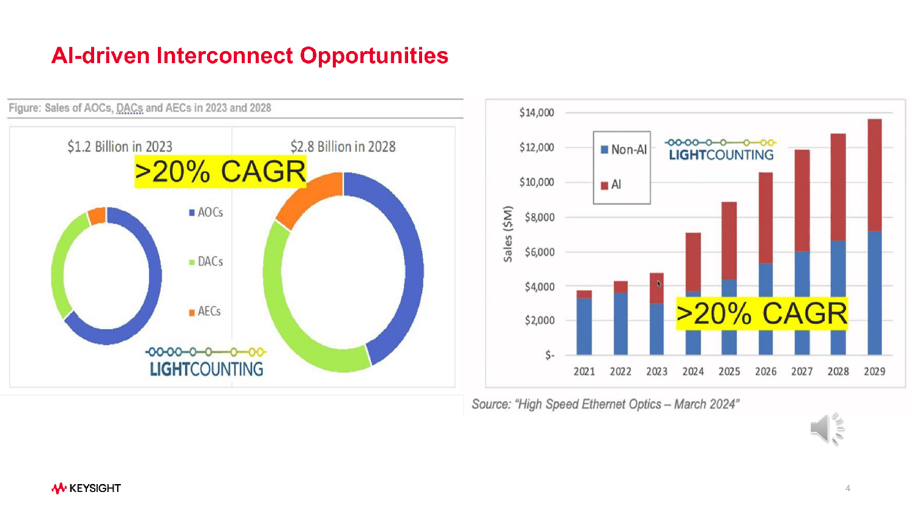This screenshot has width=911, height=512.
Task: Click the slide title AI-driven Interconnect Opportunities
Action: pyautogui.click(x=250, y=56)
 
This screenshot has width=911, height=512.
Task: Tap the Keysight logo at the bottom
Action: pyautogui.click(x=86, y=488)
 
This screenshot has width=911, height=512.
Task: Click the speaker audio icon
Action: pyautogui.click(x=827, y=429)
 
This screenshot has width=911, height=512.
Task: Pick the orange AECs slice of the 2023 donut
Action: pyautogui.click(x=97, y=216)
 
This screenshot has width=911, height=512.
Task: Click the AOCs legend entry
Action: pyautogui.click(x=206, y=213)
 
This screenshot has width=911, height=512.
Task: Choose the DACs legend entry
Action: pyautogui.click(x=206, y=262)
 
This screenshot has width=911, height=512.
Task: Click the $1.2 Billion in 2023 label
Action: pyautogui.click(x=120, y=146)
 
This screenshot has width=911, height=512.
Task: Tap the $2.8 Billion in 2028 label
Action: pyautogui.click(x=343, y=146)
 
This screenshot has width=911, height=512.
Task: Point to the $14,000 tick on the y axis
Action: pyautogui.click(x=537, y=112)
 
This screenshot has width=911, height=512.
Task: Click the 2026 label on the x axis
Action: pyautogui.click(x=765, y=371)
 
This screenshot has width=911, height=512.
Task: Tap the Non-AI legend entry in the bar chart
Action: pyautogui.click(x=624, y=149)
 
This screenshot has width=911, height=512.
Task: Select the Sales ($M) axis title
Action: pyautogui.click(x=508, y=234)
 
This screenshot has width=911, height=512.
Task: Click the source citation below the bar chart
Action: pyautogui.click(x=605, y=404)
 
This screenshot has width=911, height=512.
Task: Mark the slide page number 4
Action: pyautogui.click(x=848, y=488)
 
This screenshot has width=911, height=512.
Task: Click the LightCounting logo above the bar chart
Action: pyautogui.click(x=721, y=150)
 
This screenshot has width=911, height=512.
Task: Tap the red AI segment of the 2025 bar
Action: pyautogui.click(x=729, y=241)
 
